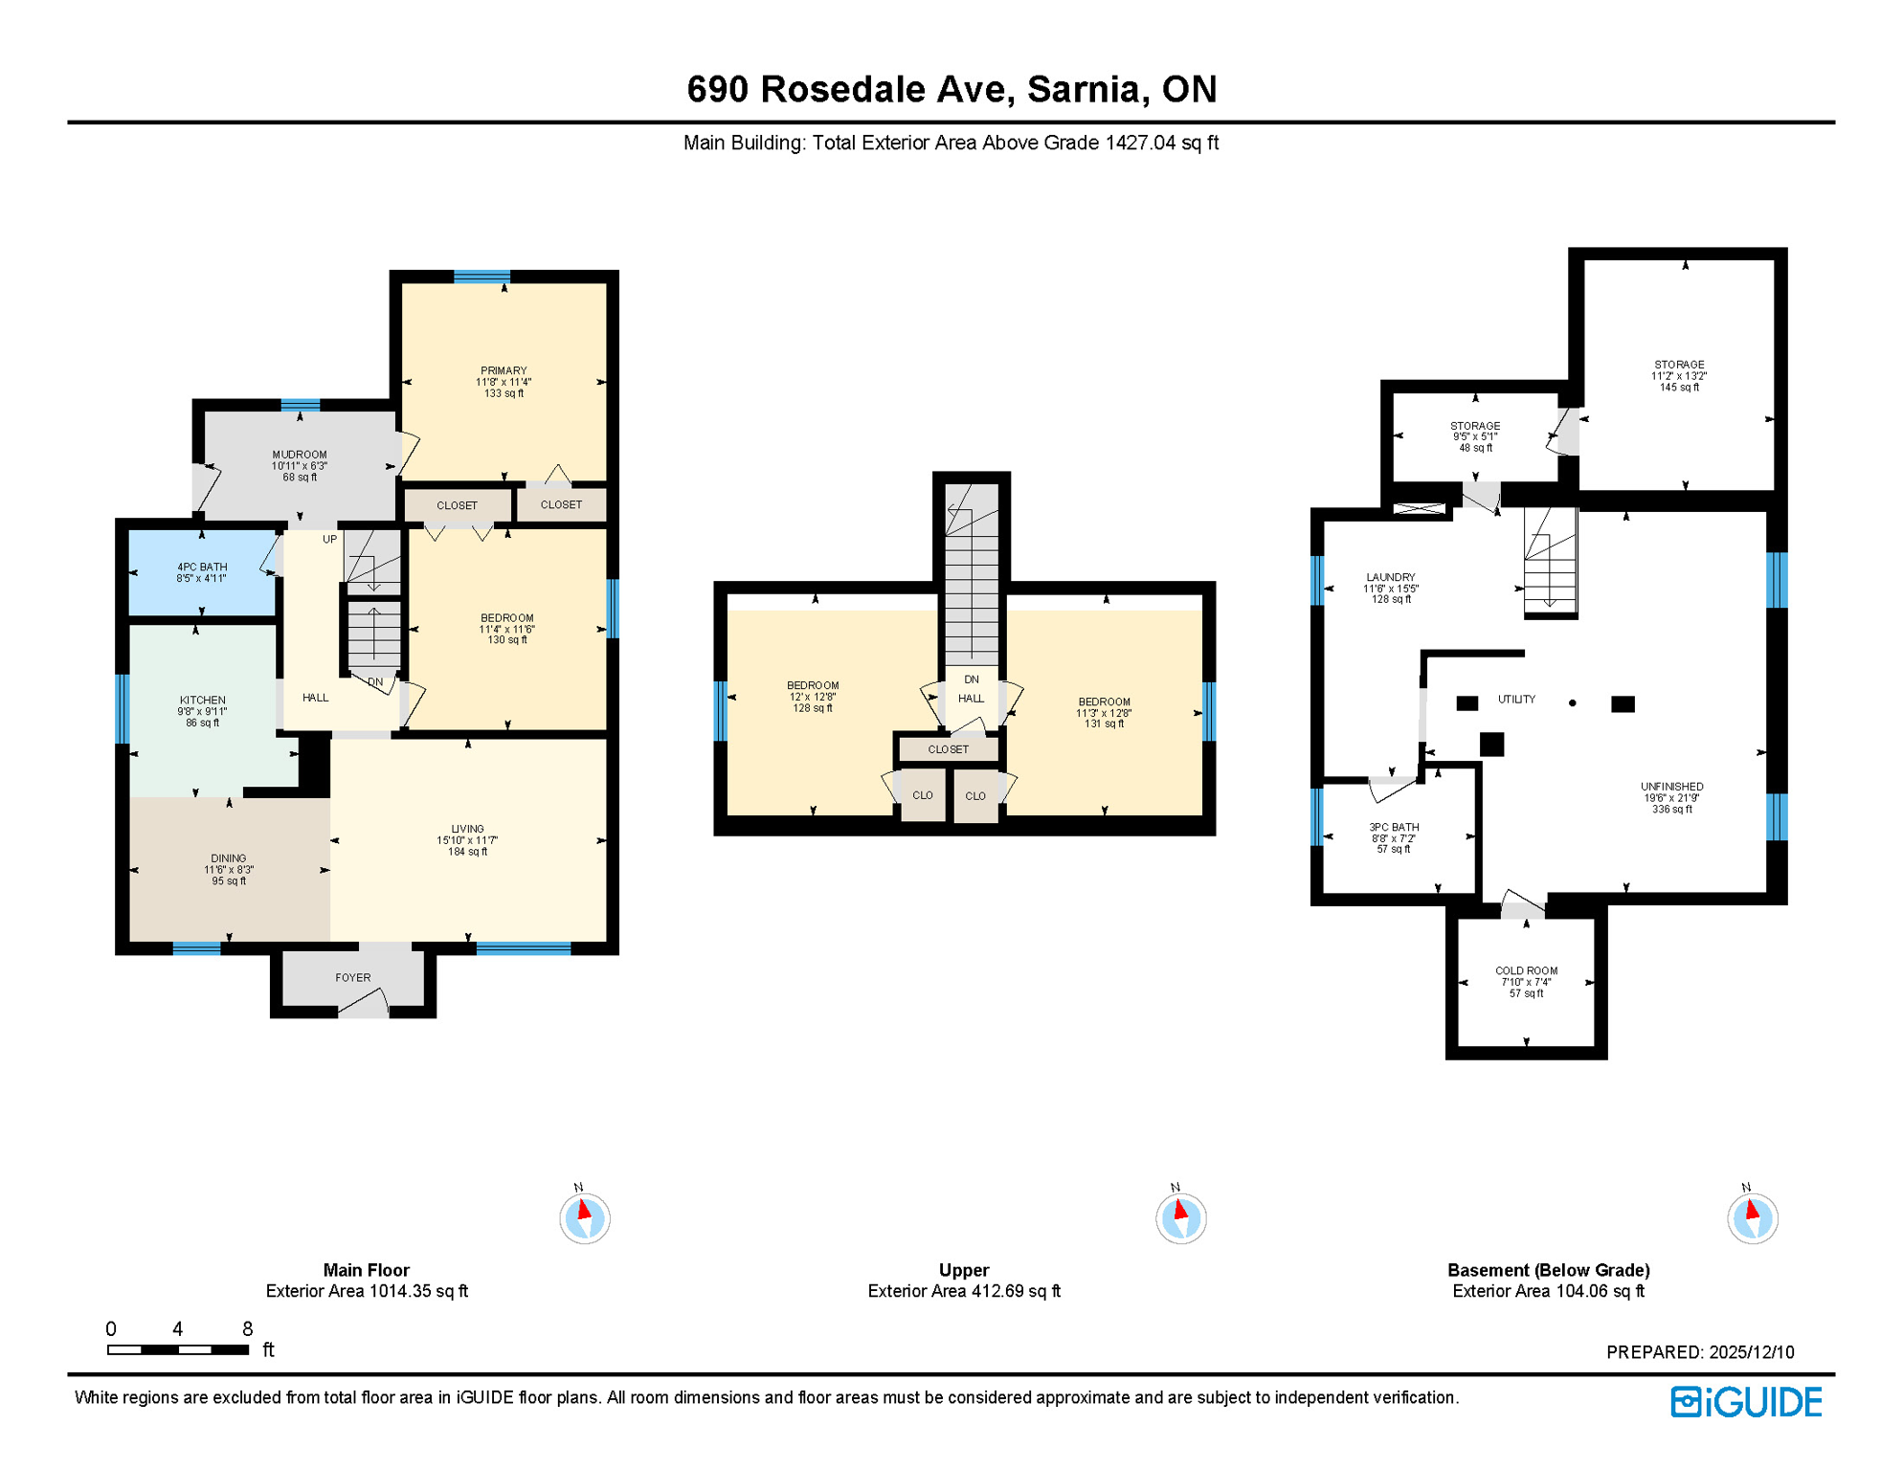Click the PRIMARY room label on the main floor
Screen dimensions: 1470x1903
pyautogui.click(x=504, y=371)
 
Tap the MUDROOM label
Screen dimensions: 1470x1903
pyautogui.click(x=300, y=456)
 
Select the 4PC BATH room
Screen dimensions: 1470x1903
pyautogui.click(x=202, y=572)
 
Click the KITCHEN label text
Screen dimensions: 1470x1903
pyautogui.click(x=203, y=701)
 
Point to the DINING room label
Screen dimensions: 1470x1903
pyautogui.click(x=229, y=859)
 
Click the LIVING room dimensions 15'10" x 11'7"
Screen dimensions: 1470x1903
pyautogui.click(x=467, y=841)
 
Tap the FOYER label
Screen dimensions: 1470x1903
pyautogui.click(x=353, y=978)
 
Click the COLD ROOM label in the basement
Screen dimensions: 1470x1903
pyautogui.click(x=1527, y=971)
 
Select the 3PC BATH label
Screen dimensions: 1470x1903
pyautogui.click(x=1394, y=828)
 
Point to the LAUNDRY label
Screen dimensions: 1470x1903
pyautogui.click(x=1391, y=578)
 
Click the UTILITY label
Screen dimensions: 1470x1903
pyautogui.click(x=1516, y=700)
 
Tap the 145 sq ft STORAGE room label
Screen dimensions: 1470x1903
pyautogui.click(x=1679, y=366)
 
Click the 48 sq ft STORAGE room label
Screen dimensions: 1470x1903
pyautogui.click(x=1475, y=427)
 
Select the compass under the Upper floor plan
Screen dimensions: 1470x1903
pyautogui.click(x=1180, y=1218)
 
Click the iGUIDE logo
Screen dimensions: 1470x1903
pyautogui.click(x=1746, y=1403)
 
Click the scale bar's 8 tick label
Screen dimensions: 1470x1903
pyautogui.click(x=247, y=1329)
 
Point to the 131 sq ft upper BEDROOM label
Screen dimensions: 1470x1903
pyautogui.click(x=1104, y=702)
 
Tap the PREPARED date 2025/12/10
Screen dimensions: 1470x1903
pyautogui.click(x=1751, y=1352)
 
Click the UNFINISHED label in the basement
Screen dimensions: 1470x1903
pyautogui.click(x=1671, y=787)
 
